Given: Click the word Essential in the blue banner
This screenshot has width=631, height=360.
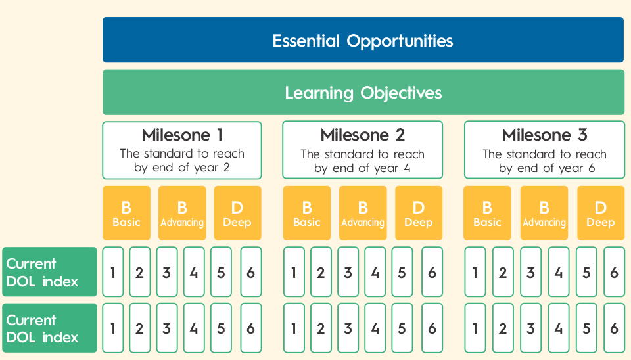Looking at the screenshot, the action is tap(306, 41).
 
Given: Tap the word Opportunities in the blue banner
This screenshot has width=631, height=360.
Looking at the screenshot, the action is tap(400, 41).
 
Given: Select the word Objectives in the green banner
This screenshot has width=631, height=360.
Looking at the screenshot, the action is tap(401, 93).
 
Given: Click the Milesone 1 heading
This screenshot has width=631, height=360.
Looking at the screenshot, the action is tap(182, 135).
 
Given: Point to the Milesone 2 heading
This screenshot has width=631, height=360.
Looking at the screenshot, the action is tap(363, 135).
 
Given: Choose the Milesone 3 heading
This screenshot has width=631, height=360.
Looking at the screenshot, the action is tap(544, 135).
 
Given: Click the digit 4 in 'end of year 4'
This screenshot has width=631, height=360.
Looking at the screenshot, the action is tap(408, 168).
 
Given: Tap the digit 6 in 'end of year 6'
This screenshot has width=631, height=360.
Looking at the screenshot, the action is tap(592, 168).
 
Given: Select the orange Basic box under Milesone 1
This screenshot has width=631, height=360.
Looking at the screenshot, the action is tap(126, 213).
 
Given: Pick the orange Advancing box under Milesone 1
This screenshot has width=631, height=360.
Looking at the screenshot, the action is tap(182, 213).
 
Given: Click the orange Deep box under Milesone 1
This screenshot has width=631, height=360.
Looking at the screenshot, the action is tap(237, 213).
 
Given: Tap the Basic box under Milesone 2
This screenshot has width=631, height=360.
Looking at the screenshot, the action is tap(307, 213).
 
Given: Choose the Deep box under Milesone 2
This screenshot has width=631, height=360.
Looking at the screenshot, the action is tap(419, 213).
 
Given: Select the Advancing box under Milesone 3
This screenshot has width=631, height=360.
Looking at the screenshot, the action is tap(544, 213).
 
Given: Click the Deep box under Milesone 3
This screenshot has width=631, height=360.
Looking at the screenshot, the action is tap(601, 213).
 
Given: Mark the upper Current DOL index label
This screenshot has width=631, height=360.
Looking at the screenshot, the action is tap(49, 272).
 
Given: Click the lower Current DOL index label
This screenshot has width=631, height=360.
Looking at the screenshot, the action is tap(49, 328).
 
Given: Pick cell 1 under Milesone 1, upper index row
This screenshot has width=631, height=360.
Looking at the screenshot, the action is tap(113, 272).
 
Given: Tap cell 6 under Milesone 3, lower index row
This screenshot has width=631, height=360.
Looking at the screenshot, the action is tap(614, 328).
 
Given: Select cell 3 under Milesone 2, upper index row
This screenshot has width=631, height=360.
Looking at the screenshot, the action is tap(348, 272).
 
